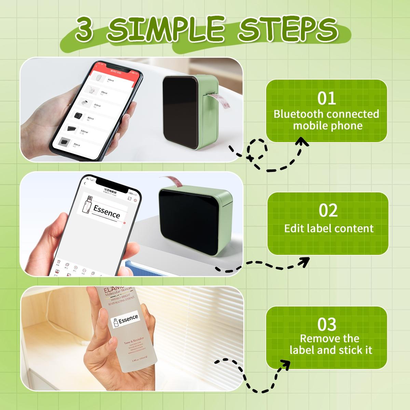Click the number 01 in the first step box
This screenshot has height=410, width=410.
point(327,98)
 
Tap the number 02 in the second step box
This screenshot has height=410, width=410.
point(328,210)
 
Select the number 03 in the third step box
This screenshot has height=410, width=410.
point(327,325)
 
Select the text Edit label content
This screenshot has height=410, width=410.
point(329,228)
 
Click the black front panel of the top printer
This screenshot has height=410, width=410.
point(179,113)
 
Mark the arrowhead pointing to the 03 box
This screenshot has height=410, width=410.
point(284,365)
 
